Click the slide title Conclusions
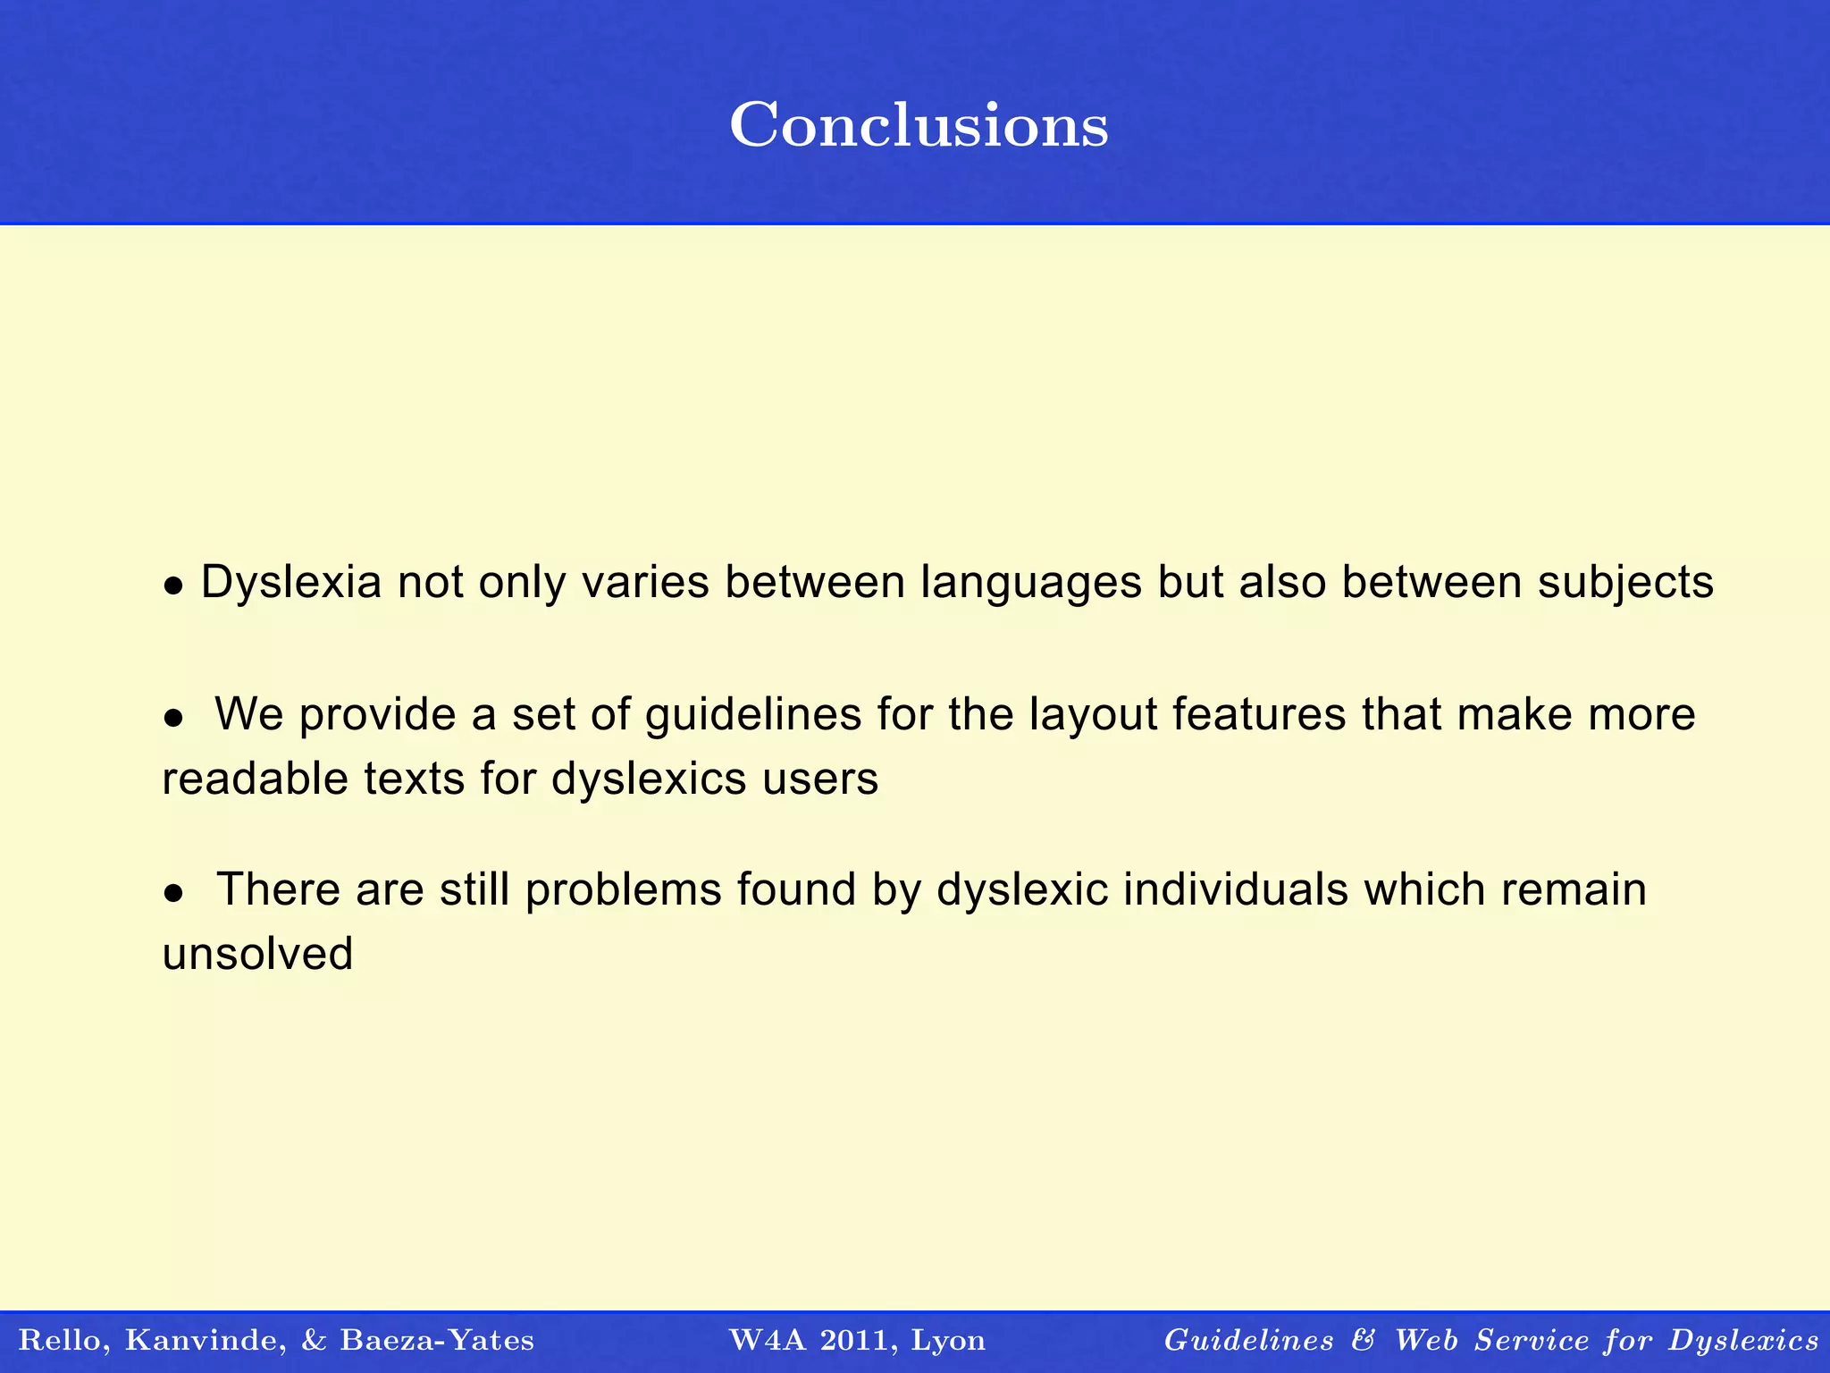919,125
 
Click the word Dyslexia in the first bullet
291,583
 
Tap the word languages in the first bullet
1031,583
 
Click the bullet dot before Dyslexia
173,587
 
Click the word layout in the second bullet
1092,715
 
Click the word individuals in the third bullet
1235,890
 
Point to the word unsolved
257,954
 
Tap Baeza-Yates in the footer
437,1341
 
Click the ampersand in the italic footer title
1364,1340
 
